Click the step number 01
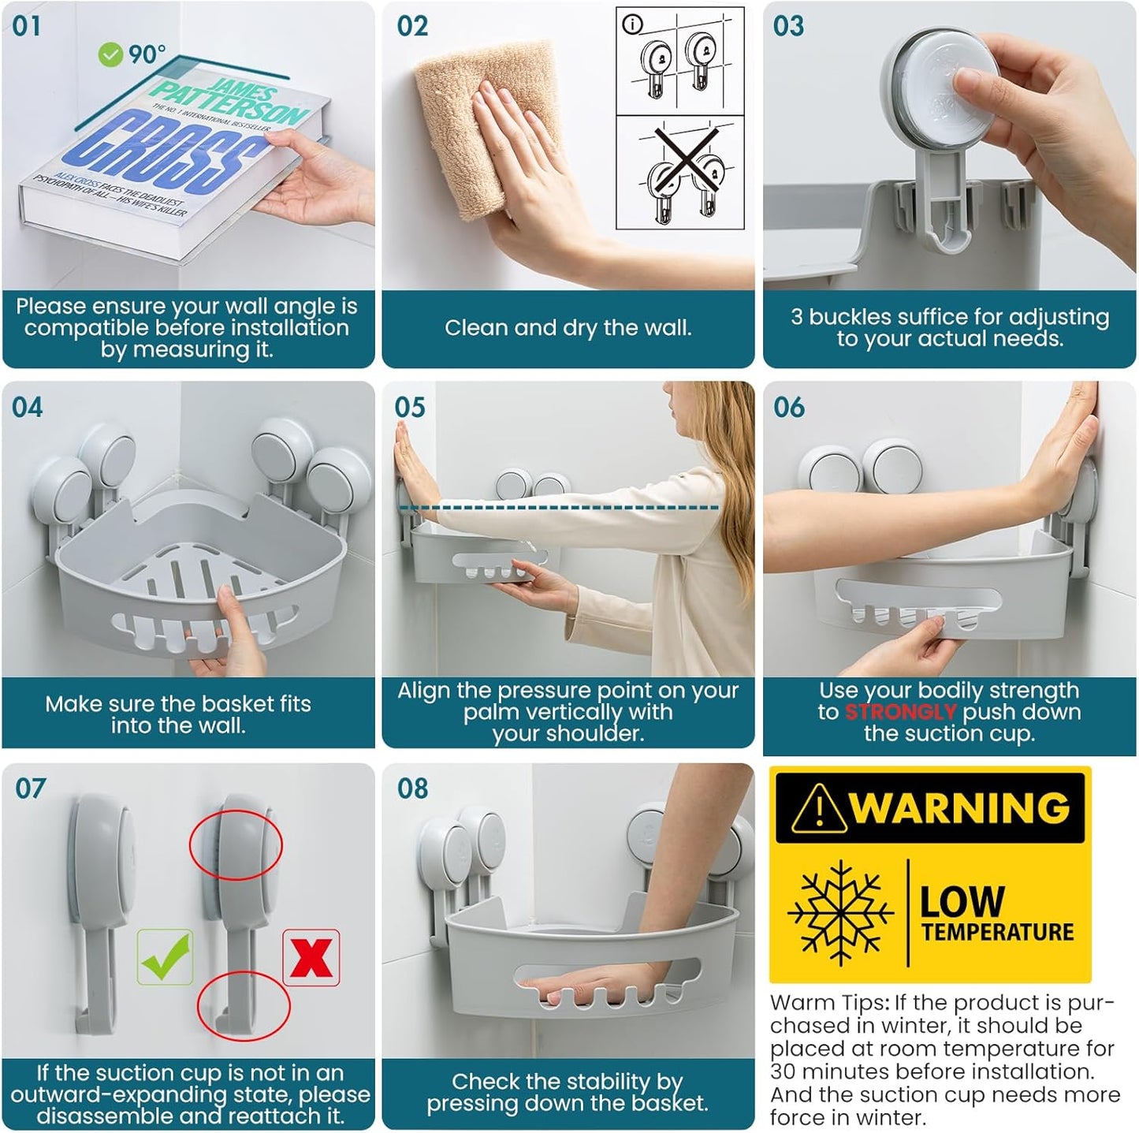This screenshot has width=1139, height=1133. (26, 26)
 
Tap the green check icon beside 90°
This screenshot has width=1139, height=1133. (110, 54)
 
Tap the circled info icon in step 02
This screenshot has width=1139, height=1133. (632, 24)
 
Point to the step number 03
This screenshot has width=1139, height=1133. (788, 26)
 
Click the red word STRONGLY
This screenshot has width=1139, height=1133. (900, 712)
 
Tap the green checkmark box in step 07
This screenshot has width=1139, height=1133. (165, 957)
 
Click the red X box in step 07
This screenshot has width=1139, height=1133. (311, 957)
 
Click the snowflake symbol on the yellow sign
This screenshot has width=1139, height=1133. (840, 914)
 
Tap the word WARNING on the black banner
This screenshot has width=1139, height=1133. (960, 808)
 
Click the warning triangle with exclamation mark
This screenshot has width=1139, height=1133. (820, 809)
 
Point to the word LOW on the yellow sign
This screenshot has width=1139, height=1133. (962, 901)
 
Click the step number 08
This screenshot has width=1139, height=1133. (412, 788)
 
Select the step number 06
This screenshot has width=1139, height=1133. (788, 408)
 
